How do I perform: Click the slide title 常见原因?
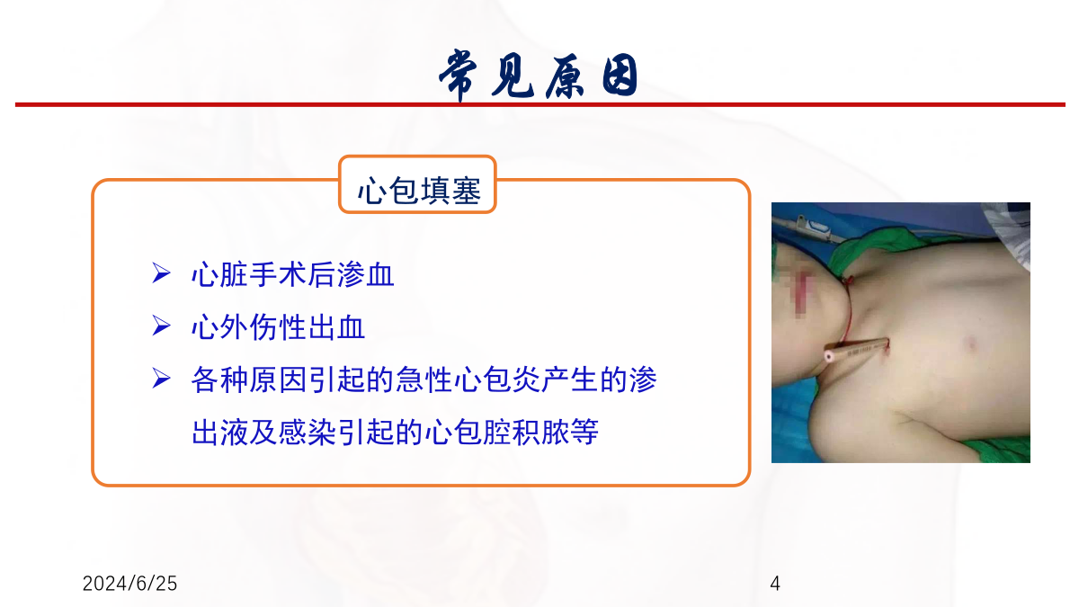tap(539, 76)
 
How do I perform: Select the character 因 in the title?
tap(620, 76)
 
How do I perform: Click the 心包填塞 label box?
tap(417, 184)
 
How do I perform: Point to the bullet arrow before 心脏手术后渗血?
tap(161, 273)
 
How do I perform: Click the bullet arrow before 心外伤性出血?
tap(161, 326)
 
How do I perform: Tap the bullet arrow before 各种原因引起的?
tap(161, 379)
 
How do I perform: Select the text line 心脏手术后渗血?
tap(292, 274)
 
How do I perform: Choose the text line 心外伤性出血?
tap(278, 327)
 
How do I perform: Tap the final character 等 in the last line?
tap(584, 433)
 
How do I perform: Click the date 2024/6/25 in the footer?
tap(129, 584)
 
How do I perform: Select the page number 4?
tap(775, 584)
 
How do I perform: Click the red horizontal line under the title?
tap(540, 104)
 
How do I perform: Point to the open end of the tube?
tap(828, 356)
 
